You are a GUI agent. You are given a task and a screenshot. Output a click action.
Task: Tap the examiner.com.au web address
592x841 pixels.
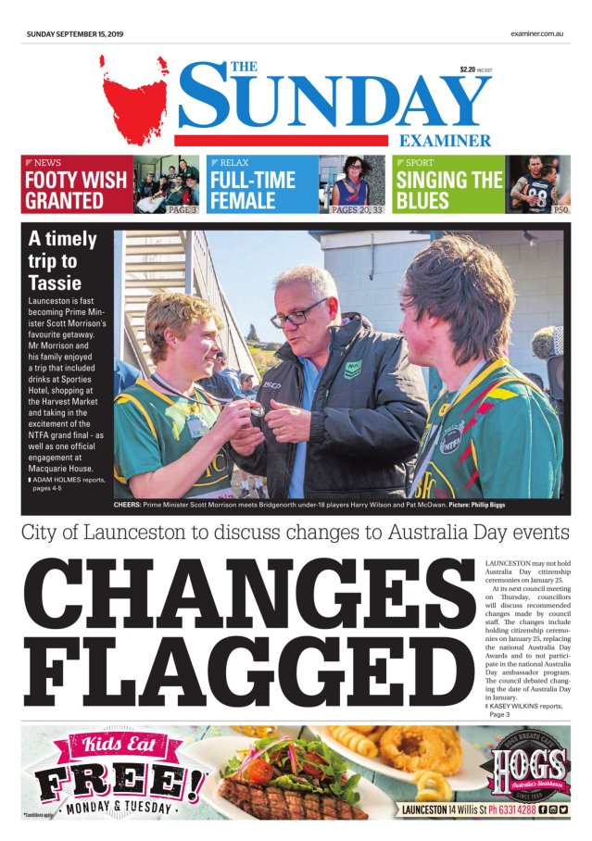point(536,34)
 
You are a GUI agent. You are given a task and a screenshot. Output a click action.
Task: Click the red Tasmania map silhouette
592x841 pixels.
point(135,96)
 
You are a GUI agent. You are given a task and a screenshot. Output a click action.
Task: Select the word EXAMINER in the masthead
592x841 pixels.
point(446,141)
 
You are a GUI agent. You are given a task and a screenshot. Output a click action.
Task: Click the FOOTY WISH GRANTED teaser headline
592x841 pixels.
point(76,189)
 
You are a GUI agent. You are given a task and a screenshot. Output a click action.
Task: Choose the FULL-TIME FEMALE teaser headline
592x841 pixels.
point(253,189)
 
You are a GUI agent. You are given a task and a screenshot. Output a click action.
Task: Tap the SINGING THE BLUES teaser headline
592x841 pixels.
point(448,189)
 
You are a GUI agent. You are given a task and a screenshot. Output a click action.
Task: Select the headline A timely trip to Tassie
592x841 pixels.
point(62,260)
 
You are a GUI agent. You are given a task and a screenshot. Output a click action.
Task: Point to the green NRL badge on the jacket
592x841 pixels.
point(353,370)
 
